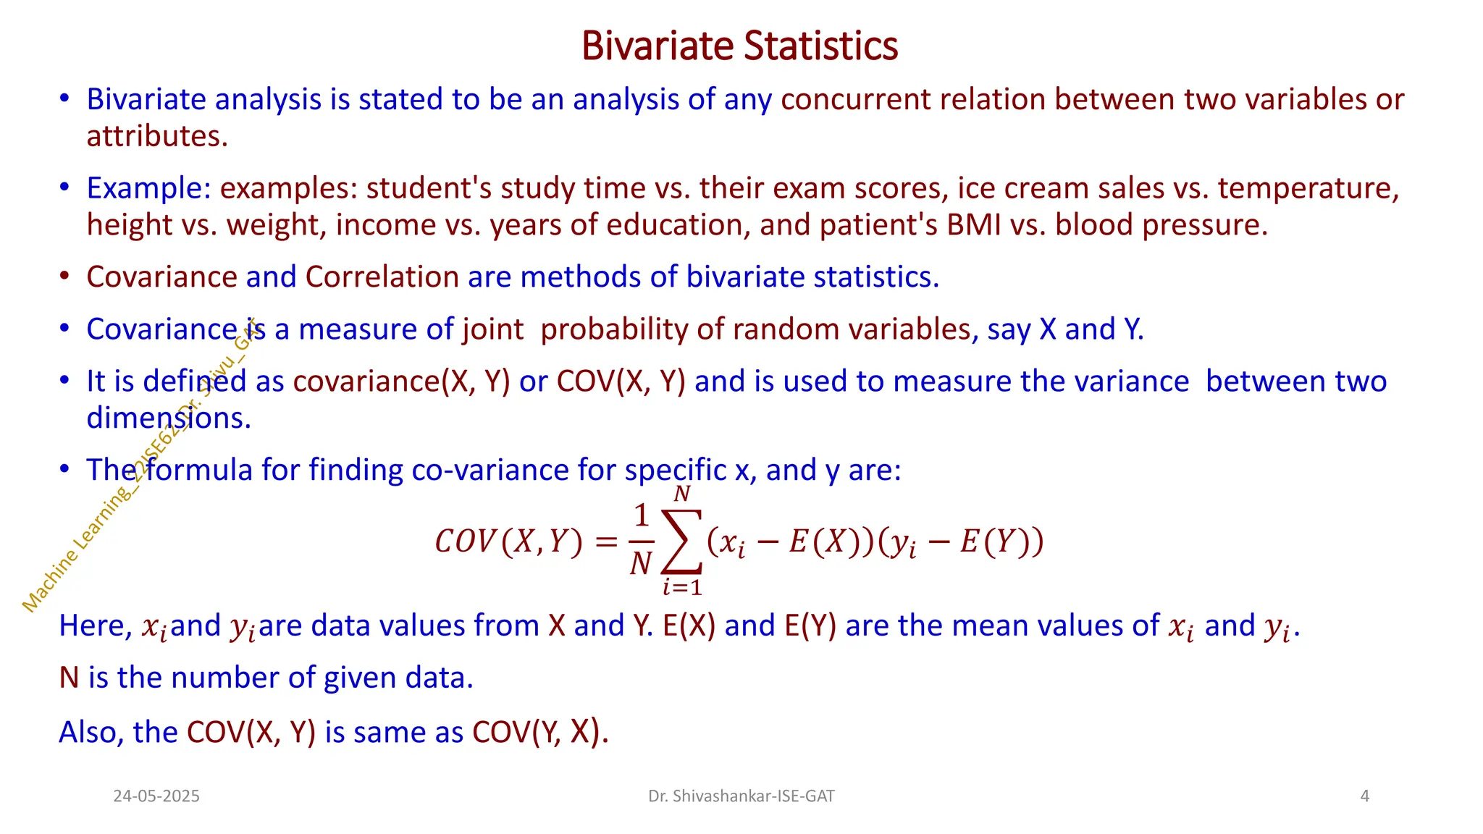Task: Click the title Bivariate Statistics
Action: pyautogui.click(x=739, y=46)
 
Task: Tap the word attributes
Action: pyautogui.click(x=156, y=137)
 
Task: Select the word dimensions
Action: pyautogui.click(x=168, y=418)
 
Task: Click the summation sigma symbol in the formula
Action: pyautogui.click(x=681, y=542)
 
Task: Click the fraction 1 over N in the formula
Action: pyautogui.click(x=641, y=540)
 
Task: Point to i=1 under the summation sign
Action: pyautogui.click(x=682, y=586)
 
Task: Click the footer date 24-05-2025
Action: pyautogui.click(x=156, y=796)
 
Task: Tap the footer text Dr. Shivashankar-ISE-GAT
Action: pyautogui.click(x=741, y=796)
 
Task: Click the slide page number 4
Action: pyautogui.click(x=1364, y=796)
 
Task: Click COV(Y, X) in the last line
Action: pyautogui.click(x=539, y=733)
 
